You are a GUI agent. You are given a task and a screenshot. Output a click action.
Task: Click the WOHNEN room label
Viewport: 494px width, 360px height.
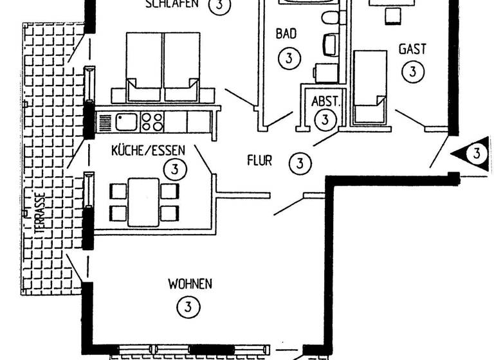point(190,283)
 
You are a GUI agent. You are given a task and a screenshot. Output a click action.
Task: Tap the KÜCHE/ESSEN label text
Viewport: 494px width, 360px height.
point(148,150)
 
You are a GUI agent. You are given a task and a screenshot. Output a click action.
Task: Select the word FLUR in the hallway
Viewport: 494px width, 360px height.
point(259,161)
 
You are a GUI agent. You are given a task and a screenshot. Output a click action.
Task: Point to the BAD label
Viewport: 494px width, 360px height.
point(286,34)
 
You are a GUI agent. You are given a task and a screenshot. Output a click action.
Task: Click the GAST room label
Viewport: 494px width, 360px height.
point(412,49)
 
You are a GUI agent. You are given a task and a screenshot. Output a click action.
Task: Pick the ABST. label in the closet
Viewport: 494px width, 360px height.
point(325,101)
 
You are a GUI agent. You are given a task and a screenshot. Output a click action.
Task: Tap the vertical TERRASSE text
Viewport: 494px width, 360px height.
point(40,215)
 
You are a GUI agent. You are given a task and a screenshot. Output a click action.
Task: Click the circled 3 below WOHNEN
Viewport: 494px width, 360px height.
point(187,307)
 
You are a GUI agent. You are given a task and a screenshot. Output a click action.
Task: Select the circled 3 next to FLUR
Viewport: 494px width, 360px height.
point(300,163)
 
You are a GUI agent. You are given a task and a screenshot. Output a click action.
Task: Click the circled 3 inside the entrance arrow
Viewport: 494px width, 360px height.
point(477,153)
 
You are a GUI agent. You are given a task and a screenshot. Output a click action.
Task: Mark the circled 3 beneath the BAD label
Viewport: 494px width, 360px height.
point(289,59)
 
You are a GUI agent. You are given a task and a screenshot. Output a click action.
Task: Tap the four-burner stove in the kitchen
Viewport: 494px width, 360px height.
point(151,120)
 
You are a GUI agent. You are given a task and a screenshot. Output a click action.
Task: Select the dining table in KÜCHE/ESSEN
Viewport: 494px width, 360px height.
point(143,201)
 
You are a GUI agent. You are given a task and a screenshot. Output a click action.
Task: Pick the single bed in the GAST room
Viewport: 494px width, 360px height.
point(369,86)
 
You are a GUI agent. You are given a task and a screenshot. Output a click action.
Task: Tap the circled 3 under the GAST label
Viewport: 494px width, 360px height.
point(412,71)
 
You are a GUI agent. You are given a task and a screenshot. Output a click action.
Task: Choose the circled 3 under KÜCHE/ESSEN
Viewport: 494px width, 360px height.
point(174,170)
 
